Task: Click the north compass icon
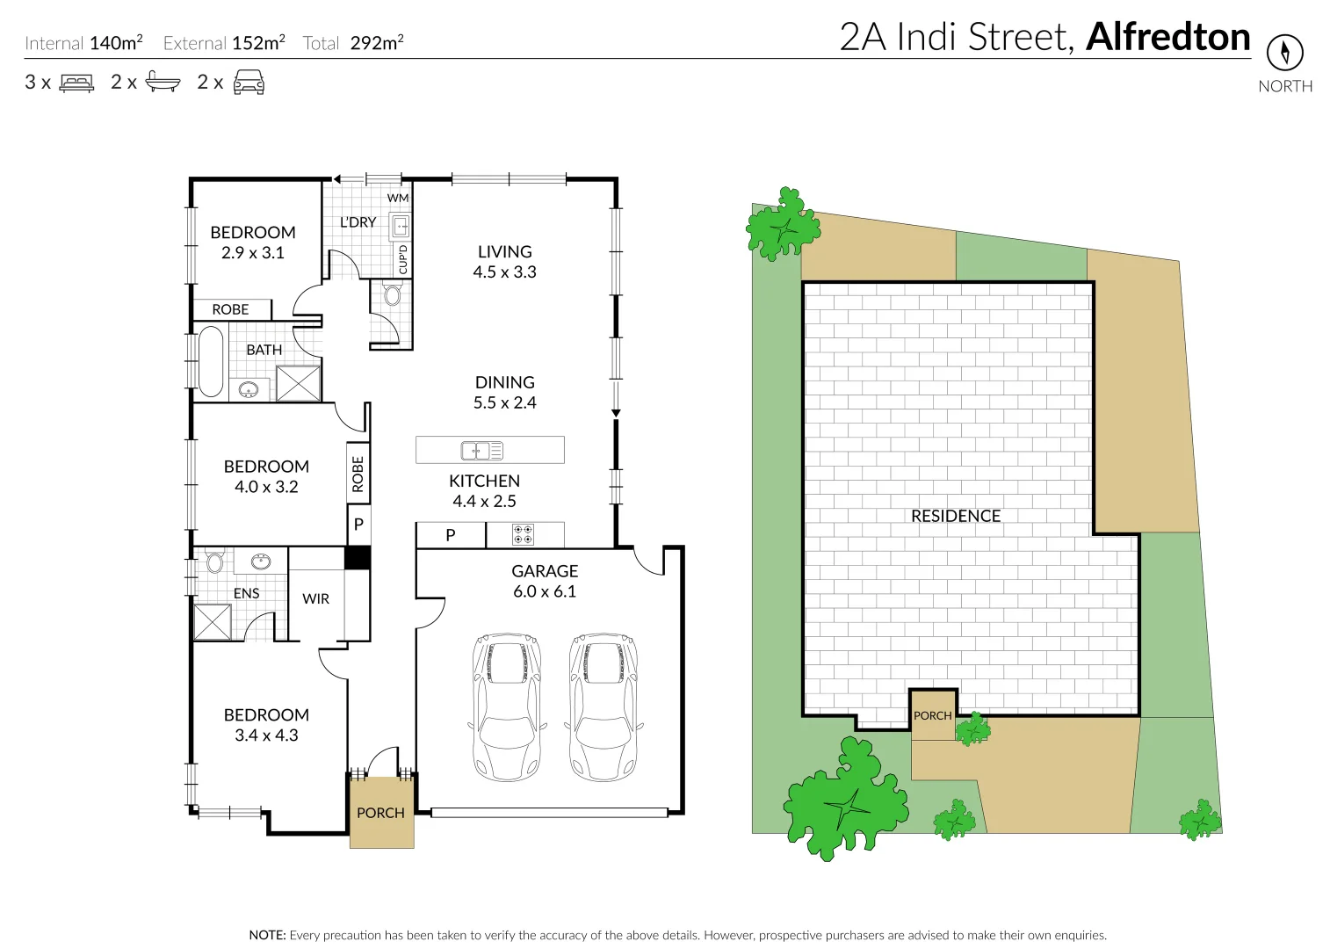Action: (1284, 53)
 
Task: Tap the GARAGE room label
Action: (545, 571)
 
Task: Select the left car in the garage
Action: (507, 706)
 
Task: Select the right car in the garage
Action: (604, 706)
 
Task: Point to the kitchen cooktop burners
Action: (523, 534)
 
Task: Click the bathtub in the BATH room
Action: (211, 362)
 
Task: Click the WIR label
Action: (315, 599)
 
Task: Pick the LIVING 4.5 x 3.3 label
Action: (505, 262)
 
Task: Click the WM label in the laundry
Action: (398, 198)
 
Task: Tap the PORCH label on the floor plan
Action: (380, 813)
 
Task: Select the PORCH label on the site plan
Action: (932, 715)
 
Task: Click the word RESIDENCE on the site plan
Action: (956, 516)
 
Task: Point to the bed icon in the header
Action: (76, 83)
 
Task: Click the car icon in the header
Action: (249, 82)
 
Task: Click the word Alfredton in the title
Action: (1167, 37)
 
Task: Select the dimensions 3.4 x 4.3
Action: (266, 735)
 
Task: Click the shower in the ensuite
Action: (212, 622)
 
